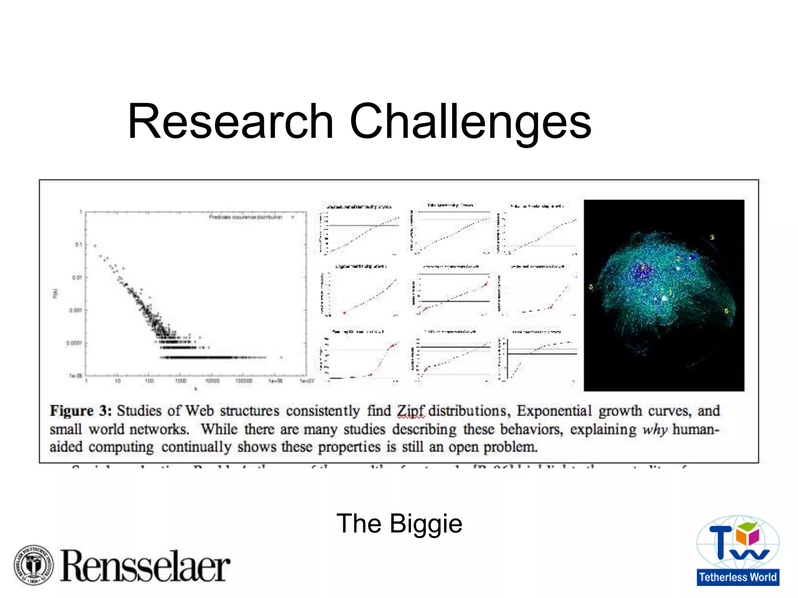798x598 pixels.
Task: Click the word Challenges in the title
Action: [470, 122]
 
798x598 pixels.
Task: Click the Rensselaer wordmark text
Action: [145, 566]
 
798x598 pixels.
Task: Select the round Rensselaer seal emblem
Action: [34, 565]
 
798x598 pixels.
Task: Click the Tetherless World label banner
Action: [738, 577]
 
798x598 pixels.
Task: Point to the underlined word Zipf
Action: [410, 411]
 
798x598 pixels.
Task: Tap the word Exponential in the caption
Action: [554, 411]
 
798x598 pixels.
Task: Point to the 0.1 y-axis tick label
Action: [78, 244]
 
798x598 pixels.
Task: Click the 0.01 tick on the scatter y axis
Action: [77, 278]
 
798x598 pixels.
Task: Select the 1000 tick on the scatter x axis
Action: [180, 381]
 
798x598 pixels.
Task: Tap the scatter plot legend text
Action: [245, 217]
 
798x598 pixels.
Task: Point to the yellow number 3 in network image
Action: [712, 237]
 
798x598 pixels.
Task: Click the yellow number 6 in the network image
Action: [726, 311]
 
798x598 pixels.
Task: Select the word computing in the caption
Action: [121, 447]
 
